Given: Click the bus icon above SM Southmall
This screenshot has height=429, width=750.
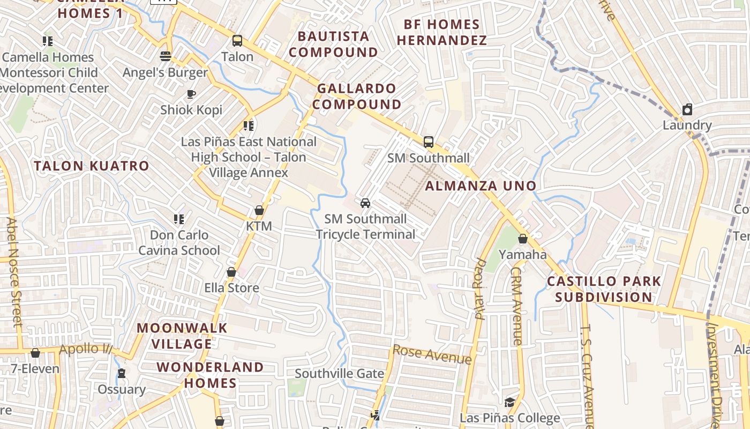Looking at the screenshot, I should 428,142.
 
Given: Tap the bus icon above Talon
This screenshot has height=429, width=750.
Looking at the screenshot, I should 237,41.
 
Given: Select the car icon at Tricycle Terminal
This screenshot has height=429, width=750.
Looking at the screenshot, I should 365,203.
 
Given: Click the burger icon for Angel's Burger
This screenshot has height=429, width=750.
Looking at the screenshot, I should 165,56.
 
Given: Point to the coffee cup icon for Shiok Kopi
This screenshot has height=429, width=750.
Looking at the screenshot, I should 191,94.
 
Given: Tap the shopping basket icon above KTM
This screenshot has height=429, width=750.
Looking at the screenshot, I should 259,210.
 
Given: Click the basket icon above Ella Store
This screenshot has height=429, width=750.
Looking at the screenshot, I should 231,272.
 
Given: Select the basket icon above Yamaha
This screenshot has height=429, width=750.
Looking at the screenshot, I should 522,239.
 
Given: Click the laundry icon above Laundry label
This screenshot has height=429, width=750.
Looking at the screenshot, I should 687,110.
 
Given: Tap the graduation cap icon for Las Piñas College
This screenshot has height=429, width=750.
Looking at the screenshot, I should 509,402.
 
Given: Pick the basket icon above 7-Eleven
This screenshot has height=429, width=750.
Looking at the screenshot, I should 35,353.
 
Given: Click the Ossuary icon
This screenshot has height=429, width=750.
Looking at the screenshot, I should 122,373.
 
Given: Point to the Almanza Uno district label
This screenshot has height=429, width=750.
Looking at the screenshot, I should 481,186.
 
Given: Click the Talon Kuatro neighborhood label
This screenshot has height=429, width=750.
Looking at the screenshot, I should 92,166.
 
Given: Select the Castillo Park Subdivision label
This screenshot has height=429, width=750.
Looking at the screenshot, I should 604,289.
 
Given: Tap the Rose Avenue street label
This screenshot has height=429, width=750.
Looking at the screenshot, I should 432,354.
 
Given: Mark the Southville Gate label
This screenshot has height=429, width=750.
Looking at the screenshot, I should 339,374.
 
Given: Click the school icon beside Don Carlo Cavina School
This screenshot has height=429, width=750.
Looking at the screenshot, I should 178,219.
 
